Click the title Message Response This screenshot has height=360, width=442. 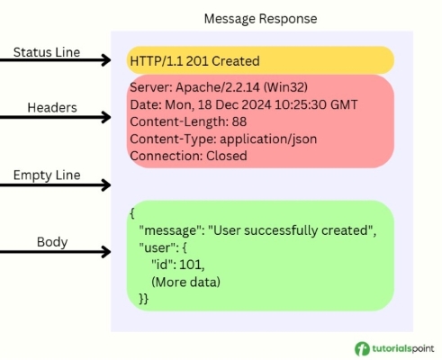[260, 18]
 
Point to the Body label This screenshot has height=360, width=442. [51, 241]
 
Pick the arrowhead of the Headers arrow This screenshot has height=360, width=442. [104, 117]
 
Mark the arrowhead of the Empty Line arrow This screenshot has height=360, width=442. [104, 185]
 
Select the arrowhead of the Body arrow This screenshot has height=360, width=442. [104, 253]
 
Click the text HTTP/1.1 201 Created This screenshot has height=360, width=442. [194, 61]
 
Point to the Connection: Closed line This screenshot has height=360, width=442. [188, 156]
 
